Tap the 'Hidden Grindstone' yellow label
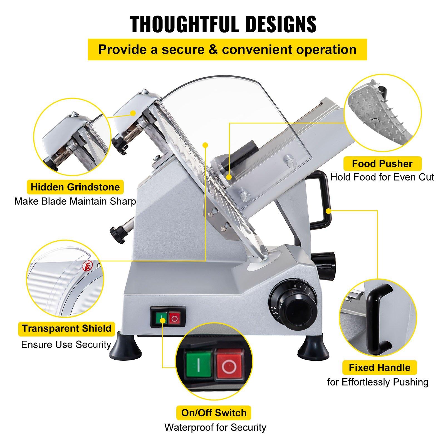[x=75, y=187]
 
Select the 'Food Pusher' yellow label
[x=382, y=164]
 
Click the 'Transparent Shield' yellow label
[x=67, y=328]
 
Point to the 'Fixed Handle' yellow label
[x=380, y=368]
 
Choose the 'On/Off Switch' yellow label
[x=214, y=413]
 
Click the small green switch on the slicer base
[x=161, y=318]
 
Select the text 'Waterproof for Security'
[x=215, y=427]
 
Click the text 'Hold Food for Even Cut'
[x=382, y=177]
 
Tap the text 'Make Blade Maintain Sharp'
[x=75, y=201]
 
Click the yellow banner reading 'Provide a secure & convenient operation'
[x=227, y=50]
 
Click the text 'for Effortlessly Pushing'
[x=378, y=382]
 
